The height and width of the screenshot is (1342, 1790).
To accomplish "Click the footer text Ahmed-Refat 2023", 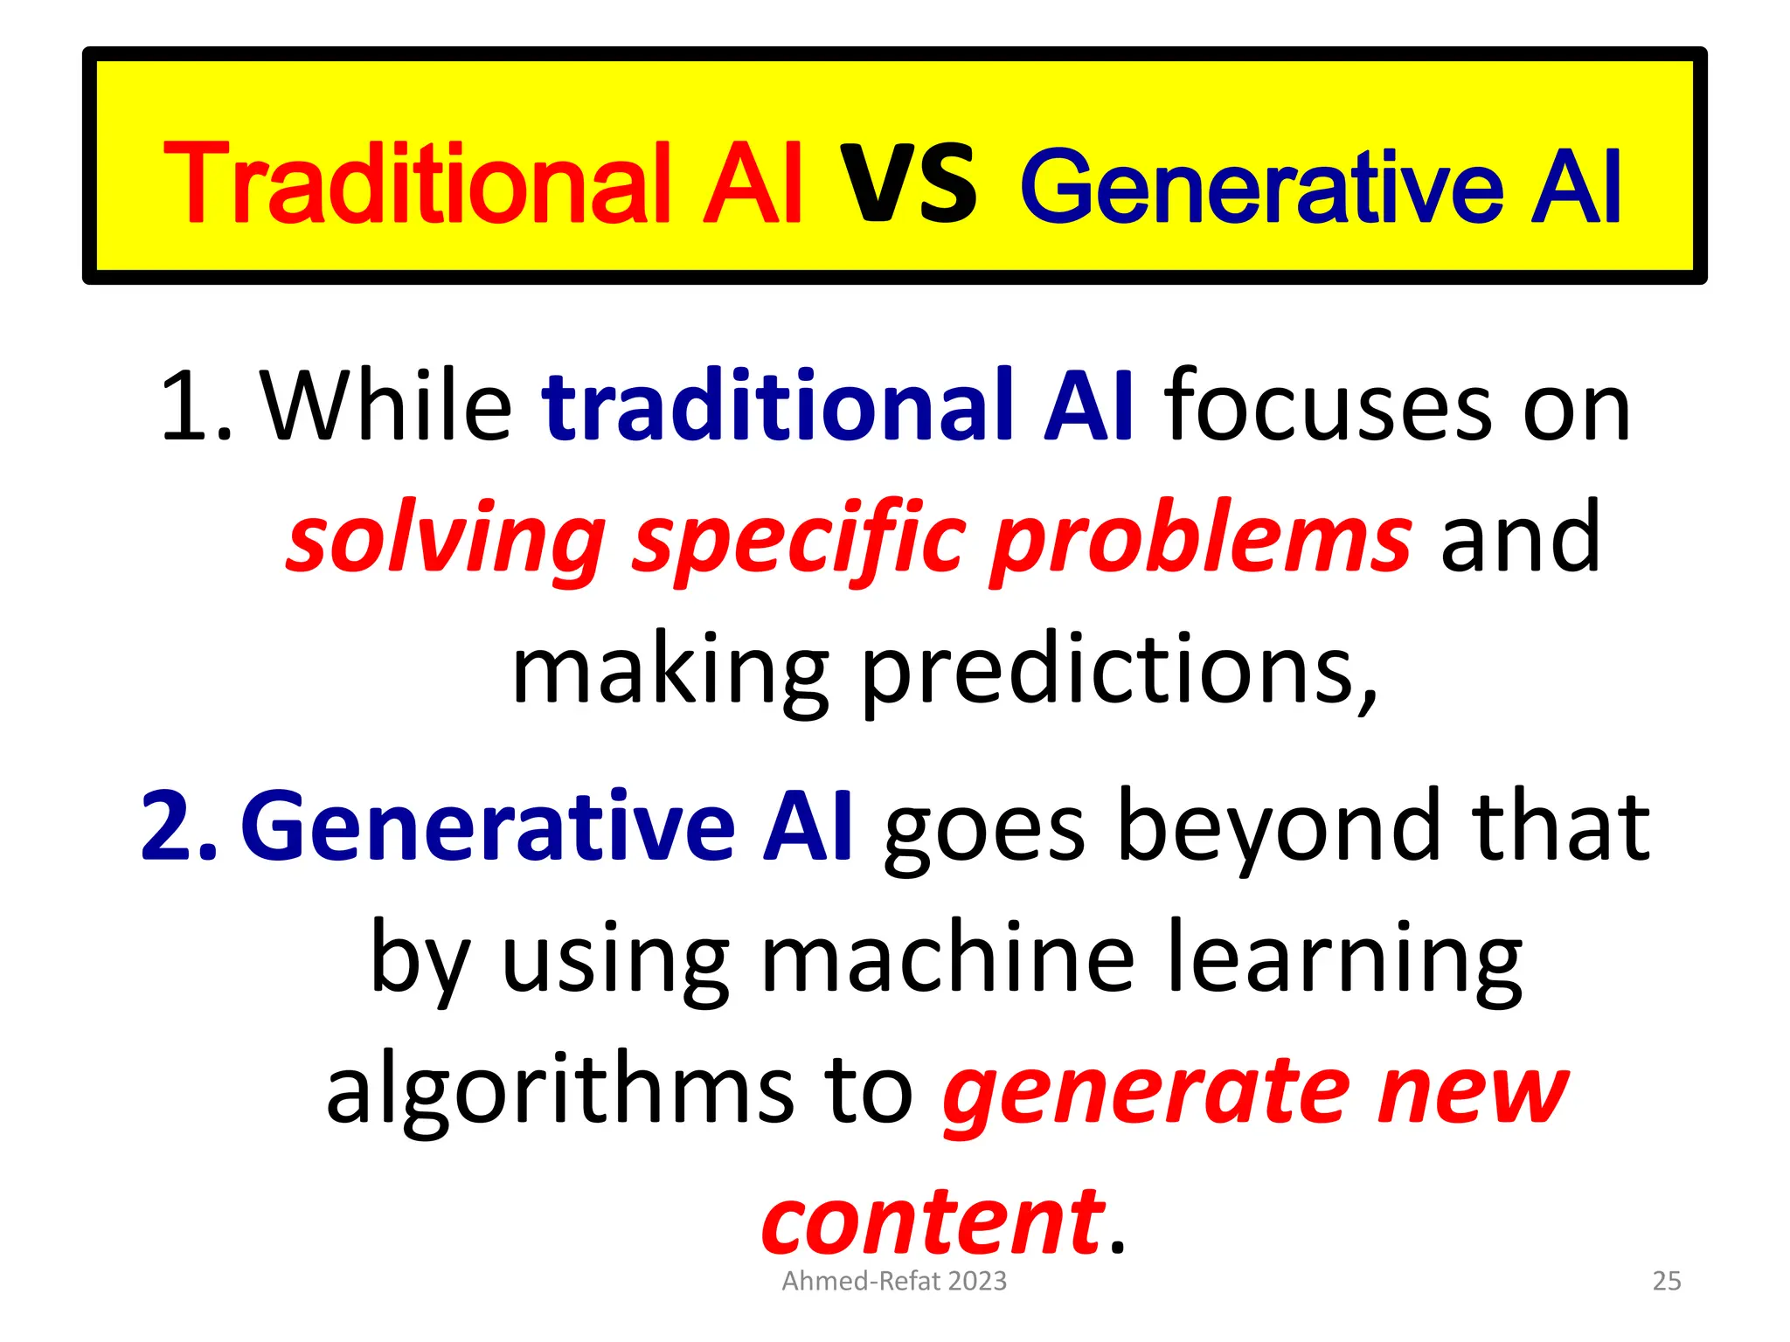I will click(x=894, y=1281).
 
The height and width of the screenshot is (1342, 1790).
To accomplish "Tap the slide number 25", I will click(x=1667, y=1281).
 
